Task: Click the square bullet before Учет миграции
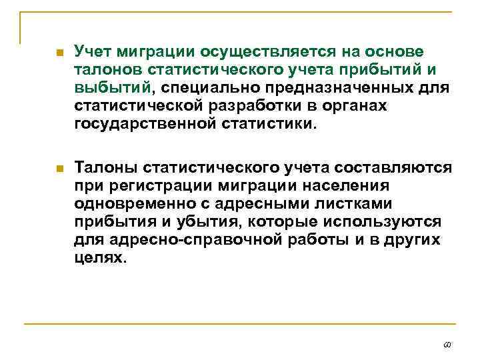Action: pos(59,53)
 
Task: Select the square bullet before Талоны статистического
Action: pos(59,167)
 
